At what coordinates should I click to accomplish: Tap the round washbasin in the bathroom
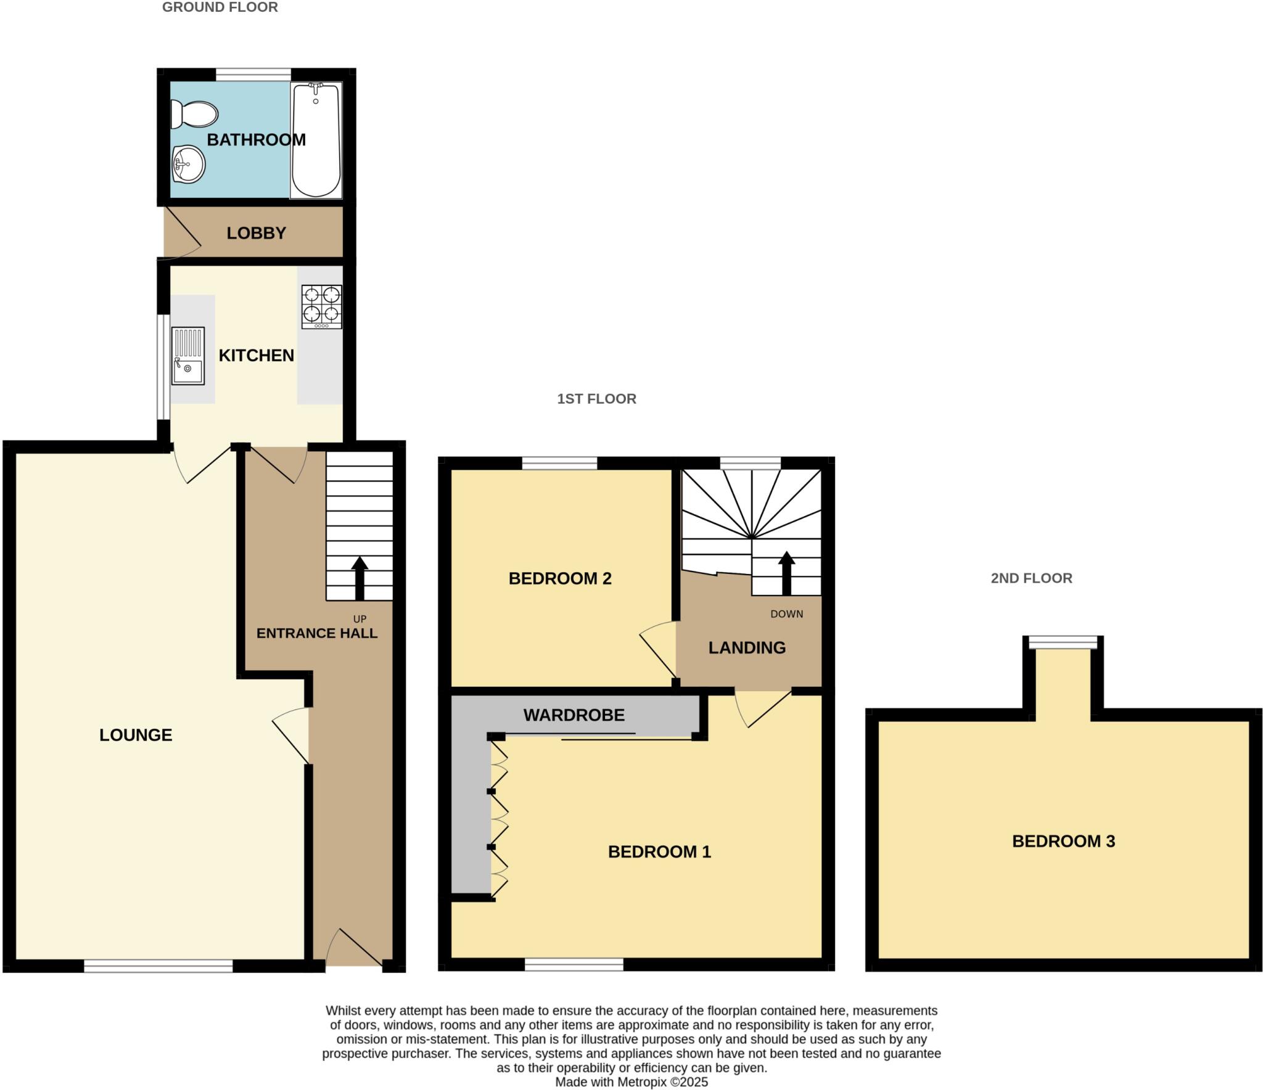pyautogui.click(x=188, y=164)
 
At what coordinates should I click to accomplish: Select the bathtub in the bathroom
pyautogui.click(x=316, y=140)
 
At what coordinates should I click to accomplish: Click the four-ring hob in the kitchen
pyautogui.click(x=321, y=306)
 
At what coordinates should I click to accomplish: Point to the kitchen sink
pyautogui.click(x=187, y=356)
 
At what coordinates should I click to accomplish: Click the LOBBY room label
pyautogui.click(x=256, y=233)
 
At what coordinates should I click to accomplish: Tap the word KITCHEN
pyautogui.click(x=256, y=356)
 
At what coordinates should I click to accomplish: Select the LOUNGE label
pyautogui.click(x=136, y=735)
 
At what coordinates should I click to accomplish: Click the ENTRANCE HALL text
pyautogui.click(x=316, y=633)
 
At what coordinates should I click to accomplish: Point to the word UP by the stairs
pyautogui.click(x=360, y=619)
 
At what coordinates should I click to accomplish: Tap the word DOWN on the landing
pyautogui.click(x=786, y=614)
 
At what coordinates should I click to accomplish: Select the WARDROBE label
pyautogui.click(x=574, y=715)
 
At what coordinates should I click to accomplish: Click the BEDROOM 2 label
pyautogui.click(x=559, y=578)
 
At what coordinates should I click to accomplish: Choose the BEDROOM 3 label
pyautogui.click(x=1063, y=842)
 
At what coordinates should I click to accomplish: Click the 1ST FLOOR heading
pyautogui.click(x=596, y=399)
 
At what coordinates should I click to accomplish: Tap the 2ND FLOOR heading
pyautogui.click(x=1031, y=578)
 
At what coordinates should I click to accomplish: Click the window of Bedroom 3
pyautogui.click(x=1063, y=642)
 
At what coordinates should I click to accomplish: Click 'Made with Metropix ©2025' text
pyautogui.click(x=631, y=1082)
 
